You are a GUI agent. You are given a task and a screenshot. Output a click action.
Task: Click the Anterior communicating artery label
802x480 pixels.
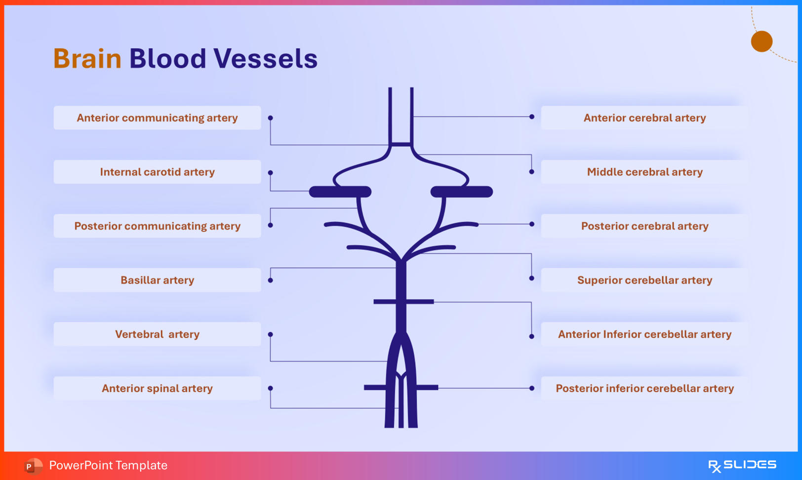click(157, 118)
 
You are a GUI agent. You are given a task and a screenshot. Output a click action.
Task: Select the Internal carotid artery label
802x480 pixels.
click(157, 172)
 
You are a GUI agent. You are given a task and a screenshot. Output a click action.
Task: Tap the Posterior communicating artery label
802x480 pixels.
click(157, 226)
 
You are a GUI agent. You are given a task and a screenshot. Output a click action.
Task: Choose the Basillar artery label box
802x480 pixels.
click(157, 280)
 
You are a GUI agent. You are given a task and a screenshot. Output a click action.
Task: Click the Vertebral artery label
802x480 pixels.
click(157, 334)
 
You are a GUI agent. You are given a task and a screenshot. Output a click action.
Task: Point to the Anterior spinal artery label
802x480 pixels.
click(157, 388)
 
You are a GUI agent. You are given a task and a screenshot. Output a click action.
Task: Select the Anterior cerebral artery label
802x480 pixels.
click(644, 118)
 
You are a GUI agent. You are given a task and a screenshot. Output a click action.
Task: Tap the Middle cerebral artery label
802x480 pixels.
click(644, 172)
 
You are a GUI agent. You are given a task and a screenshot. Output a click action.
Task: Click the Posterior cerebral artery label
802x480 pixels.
click(644, 226)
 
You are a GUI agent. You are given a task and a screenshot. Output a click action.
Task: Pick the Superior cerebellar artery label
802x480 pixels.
click(644, 280)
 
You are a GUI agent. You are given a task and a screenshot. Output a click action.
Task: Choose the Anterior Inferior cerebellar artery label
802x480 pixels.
click(644, 334)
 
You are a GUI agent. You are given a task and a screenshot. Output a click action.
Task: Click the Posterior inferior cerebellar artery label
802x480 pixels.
click(644, 388)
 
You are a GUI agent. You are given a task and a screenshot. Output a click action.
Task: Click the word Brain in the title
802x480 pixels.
click(87, 58)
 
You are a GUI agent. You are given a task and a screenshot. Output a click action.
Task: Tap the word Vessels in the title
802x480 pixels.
click(265, 58)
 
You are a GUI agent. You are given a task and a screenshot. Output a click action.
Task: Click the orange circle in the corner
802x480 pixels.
click(762, 41)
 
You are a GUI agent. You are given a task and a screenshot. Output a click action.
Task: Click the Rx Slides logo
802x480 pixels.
click(742, 465)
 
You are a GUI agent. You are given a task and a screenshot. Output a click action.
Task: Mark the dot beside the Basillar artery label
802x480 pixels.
click(271, 280)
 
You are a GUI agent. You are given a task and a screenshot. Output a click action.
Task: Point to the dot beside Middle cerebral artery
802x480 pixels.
click(531, 172)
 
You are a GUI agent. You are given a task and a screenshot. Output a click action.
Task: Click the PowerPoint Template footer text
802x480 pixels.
click(108, 465)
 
